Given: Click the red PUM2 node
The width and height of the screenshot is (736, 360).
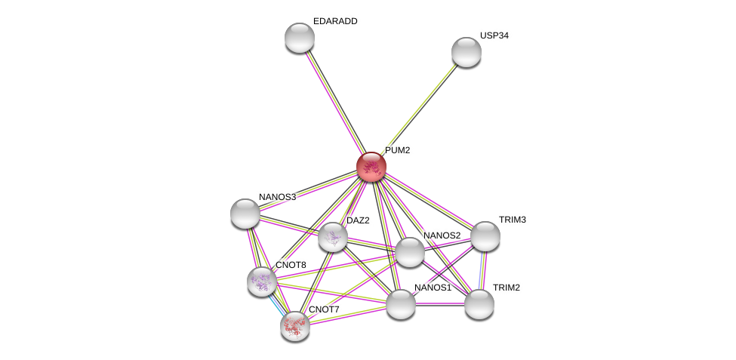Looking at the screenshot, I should click(371, 167).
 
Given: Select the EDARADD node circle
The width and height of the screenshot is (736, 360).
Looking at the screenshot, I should click(300, 38).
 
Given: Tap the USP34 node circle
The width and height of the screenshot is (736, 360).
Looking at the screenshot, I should click(467, 51).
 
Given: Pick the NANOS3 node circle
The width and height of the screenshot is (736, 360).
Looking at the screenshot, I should click(245, 214).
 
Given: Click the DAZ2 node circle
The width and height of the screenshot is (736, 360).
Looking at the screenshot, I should click(333, 237).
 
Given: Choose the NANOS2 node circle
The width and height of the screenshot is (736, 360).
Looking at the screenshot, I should click(410, 252).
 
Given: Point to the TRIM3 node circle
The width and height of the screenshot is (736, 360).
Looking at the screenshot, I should click(485, 236).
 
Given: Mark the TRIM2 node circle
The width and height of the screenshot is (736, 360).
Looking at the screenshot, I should click(479, 304).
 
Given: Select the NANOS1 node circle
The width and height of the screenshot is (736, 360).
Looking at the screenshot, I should click(401, 304).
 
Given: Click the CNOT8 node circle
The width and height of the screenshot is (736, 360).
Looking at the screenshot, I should click(262, 282).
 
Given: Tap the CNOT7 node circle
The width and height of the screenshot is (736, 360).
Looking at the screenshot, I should click(295, 325).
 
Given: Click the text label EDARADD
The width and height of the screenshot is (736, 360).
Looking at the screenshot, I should click(335, 21).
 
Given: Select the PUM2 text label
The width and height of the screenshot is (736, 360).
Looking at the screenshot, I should click(397, 150).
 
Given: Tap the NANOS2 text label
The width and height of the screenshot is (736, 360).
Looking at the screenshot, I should click(442, 235).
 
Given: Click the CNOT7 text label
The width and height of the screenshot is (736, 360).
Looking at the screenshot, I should click(324, 309).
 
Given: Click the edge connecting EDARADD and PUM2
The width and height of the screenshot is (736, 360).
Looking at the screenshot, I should click(335, 101).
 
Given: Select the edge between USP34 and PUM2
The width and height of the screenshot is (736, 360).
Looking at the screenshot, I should click(419, 109).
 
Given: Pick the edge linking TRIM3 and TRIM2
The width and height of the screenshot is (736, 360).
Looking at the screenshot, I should click(482, 270).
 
